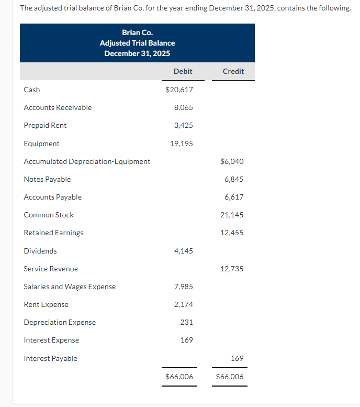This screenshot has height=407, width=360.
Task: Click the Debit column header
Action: coord(183,71)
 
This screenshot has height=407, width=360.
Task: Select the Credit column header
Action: coord(233,71)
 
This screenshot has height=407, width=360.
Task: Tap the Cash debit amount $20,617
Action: coord(179,90)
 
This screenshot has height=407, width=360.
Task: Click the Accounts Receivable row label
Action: coord(58,107)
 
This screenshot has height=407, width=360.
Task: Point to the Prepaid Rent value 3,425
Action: coord(183,125)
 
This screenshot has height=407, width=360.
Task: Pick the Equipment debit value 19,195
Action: coord(181,144)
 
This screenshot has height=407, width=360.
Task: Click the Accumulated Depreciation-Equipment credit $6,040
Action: coord(232,161)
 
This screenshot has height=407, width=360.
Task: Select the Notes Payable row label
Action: coord(47,179)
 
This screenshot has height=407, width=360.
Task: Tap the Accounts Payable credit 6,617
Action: coord(234,197)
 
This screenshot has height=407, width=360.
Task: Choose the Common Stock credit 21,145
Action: coord(232,215)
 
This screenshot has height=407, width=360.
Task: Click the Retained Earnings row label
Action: coord(53,233)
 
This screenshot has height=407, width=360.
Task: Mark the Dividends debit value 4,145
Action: coord(183,251)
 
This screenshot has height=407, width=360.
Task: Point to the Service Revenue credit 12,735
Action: coord(232,269)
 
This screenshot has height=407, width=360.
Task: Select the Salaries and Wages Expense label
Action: coord(70,287)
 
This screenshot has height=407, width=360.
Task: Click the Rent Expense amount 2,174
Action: coord(183,304)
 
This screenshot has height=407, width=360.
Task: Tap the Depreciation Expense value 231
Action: coord(186,322)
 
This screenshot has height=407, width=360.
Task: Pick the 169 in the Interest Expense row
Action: coord(186,340)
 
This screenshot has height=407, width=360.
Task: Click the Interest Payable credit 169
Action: coord(237,358)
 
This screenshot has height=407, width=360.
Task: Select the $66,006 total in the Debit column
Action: coord(179,377)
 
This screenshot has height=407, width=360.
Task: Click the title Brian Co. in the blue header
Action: coord(137,32)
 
